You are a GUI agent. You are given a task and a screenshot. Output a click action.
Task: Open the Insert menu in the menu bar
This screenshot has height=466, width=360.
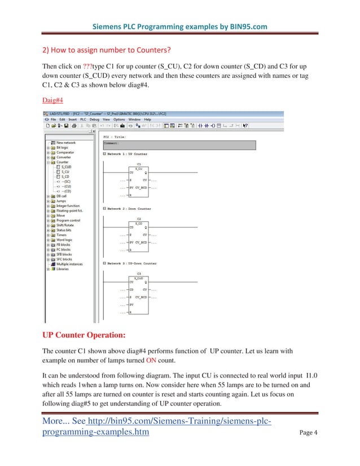click(x=70, y=120)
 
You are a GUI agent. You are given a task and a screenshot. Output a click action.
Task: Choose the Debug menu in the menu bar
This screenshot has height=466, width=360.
click(x=94, y=120)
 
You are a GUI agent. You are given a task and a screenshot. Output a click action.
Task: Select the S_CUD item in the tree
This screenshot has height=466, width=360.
click(x=66, y=167)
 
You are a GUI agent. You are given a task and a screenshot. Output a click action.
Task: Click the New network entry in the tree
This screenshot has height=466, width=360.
click(x=65, y=143)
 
